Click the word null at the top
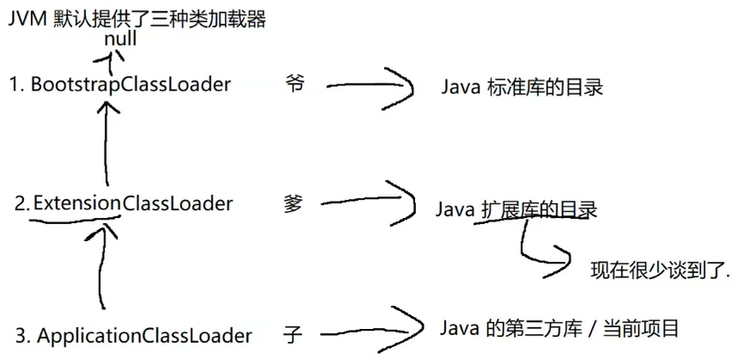(121, 39)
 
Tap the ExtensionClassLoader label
(133, 204)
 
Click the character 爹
(294, 203)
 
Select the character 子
(293, 334)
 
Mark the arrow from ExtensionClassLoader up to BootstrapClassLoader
(106, 142)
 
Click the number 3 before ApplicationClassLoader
(20, 335)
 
